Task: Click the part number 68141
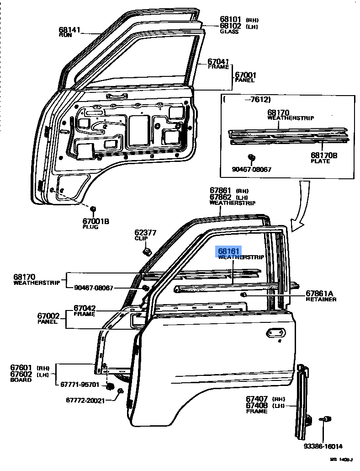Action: coord(69,30)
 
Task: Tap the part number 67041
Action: coord(218,61)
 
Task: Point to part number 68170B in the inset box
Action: coord(324,156)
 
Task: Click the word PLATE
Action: coord(320,161)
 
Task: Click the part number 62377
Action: coord(145,233)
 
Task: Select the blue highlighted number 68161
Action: coord(228,251)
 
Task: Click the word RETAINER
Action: coord(321,300)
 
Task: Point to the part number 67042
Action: coord(85,308)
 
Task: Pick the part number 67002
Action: coord(48,316)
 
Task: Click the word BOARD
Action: coord(21,380)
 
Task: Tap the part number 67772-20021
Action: coord(85,401)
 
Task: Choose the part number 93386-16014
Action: coord(323,446)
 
